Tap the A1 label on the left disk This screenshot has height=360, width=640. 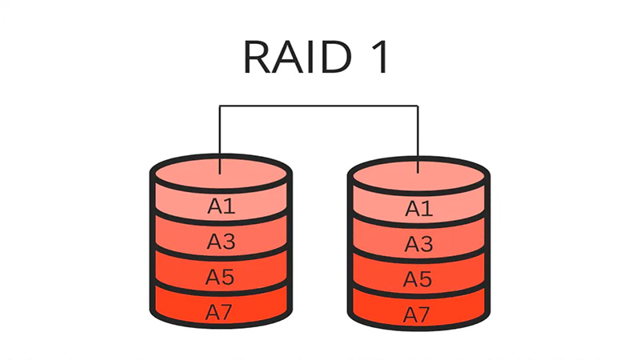pyautogui.click(x=221, y=206)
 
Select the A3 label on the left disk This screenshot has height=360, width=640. pyautogui.click(x=221, y=242)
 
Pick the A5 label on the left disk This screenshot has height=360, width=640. pyautogui.click(x=221, y=277)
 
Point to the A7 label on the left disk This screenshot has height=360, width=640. pyautogui.click(x=221, y=312)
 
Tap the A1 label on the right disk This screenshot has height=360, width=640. pyautogui.click(x=418, y=209)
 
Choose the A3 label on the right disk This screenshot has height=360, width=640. pyautogui.click(x=418, y=244)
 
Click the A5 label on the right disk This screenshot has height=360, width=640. pyautogui.click(x=418, y=279)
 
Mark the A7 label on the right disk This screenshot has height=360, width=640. pyautogui.click(x=418, y=313)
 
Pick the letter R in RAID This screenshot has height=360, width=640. pyautogui.click(x=258, y=58)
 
